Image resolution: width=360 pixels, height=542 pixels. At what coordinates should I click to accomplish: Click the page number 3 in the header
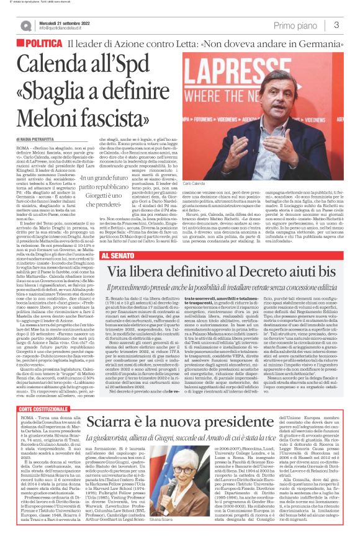(x=336, y=25)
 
